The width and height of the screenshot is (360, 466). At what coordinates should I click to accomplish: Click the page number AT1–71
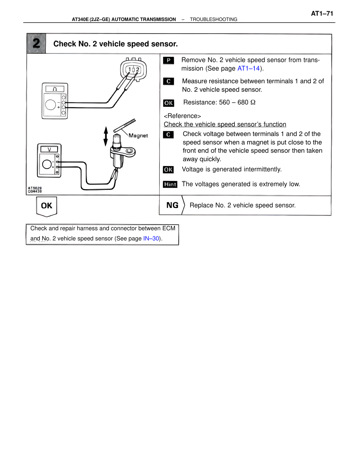[322, 14]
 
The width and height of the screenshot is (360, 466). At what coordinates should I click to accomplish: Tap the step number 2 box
[36, 44]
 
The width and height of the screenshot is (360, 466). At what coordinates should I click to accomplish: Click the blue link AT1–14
[248, 68]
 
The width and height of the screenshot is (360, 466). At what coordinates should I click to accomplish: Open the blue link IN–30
[151, 238]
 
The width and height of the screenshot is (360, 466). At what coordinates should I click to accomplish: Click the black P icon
[168, 60]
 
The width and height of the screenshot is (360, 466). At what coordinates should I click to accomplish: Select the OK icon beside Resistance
[168, 103]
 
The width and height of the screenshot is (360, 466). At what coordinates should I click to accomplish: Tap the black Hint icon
[170, 184]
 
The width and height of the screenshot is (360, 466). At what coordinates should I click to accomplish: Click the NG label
[172, 205]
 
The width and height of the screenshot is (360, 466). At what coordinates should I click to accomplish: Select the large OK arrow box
[46, 206]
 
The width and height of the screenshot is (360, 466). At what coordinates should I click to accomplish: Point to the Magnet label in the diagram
[138, 136]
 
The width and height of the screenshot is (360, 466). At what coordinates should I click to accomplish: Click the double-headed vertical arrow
[106, 136]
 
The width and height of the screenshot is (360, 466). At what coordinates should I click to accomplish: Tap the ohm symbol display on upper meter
[55, 89]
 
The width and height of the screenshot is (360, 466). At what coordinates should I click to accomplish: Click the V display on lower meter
[49, 149]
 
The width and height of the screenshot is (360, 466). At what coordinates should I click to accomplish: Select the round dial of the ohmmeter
[51, 105]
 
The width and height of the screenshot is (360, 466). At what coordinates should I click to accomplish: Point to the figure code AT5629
[35, 188]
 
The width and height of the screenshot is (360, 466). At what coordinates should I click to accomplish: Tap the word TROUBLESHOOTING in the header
[213, 19]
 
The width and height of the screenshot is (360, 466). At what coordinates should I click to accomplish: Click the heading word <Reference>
[182, 116]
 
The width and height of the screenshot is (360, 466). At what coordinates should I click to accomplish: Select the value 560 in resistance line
[224, 102]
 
